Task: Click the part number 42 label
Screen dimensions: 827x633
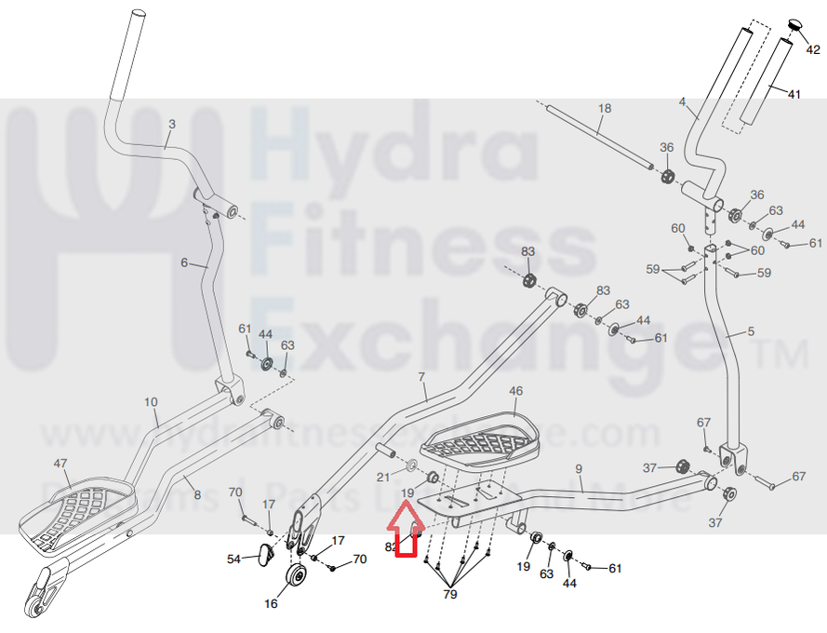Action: (x=813, y=50)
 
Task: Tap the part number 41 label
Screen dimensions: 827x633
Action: (x=794, y=94)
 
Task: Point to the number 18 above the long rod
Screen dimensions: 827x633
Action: (x=605, y=109)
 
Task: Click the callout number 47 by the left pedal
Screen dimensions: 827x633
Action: (x=61, y=463)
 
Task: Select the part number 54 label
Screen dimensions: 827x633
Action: (x=234, y=559)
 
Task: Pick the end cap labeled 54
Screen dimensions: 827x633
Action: (x=263, y=555)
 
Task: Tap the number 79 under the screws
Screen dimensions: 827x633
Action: (x=449, y=594)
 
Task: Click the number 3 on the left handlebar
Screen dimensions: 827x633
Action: (x=171, y=123)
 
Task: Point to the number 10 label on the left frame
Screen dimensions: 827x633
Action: (x=151, y=402)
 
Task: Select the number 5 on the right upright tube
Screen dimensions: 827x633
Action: (x=751, y=332)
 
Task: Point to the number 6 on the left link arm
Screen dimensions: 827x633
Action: (x=184, y=263)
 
